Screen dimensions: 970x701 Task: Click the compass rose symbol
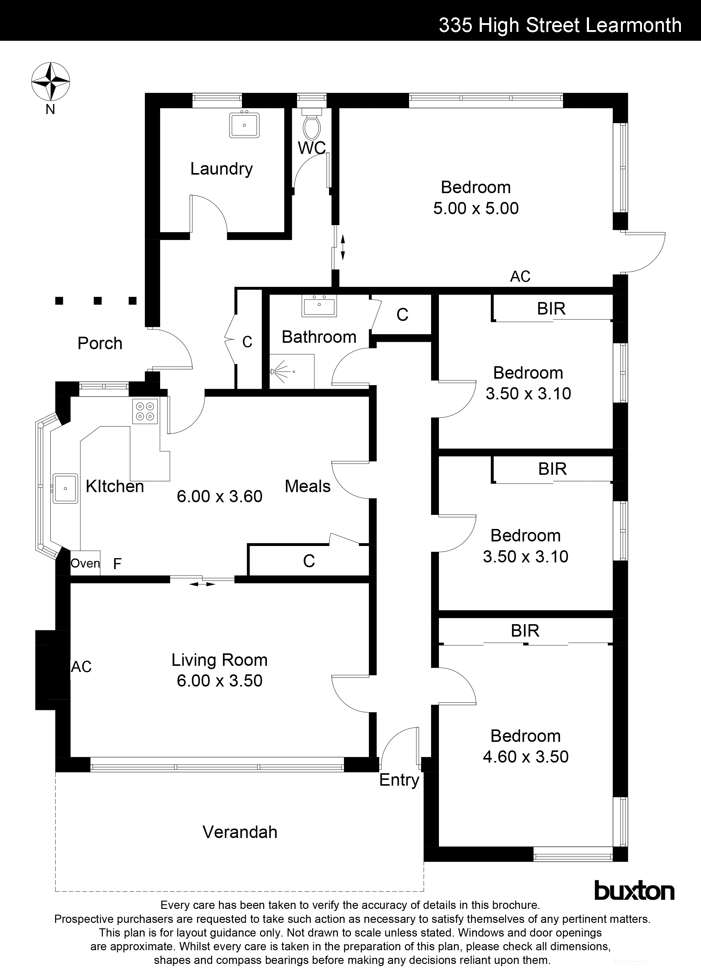(51, 80)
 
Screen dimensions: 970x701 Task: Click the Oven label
(85, 563)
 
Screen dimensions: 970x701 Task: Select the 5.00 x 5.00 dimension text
(475, 208)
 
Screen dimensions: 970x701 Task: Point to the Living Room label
(219, 660)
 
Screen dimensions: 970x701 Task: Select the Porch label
(100, 343)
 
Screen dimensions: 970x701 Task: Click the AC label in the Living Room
(81, 667)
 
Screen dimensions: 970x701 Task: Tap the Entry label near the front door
(399, 780)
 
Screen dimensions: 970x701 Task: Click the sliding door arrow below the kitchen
(202, 584)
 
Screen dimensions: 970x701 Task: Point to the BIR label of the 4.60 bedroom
(525, 631)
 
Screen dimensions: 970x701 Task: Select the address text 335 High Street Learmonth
(560, 25)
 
